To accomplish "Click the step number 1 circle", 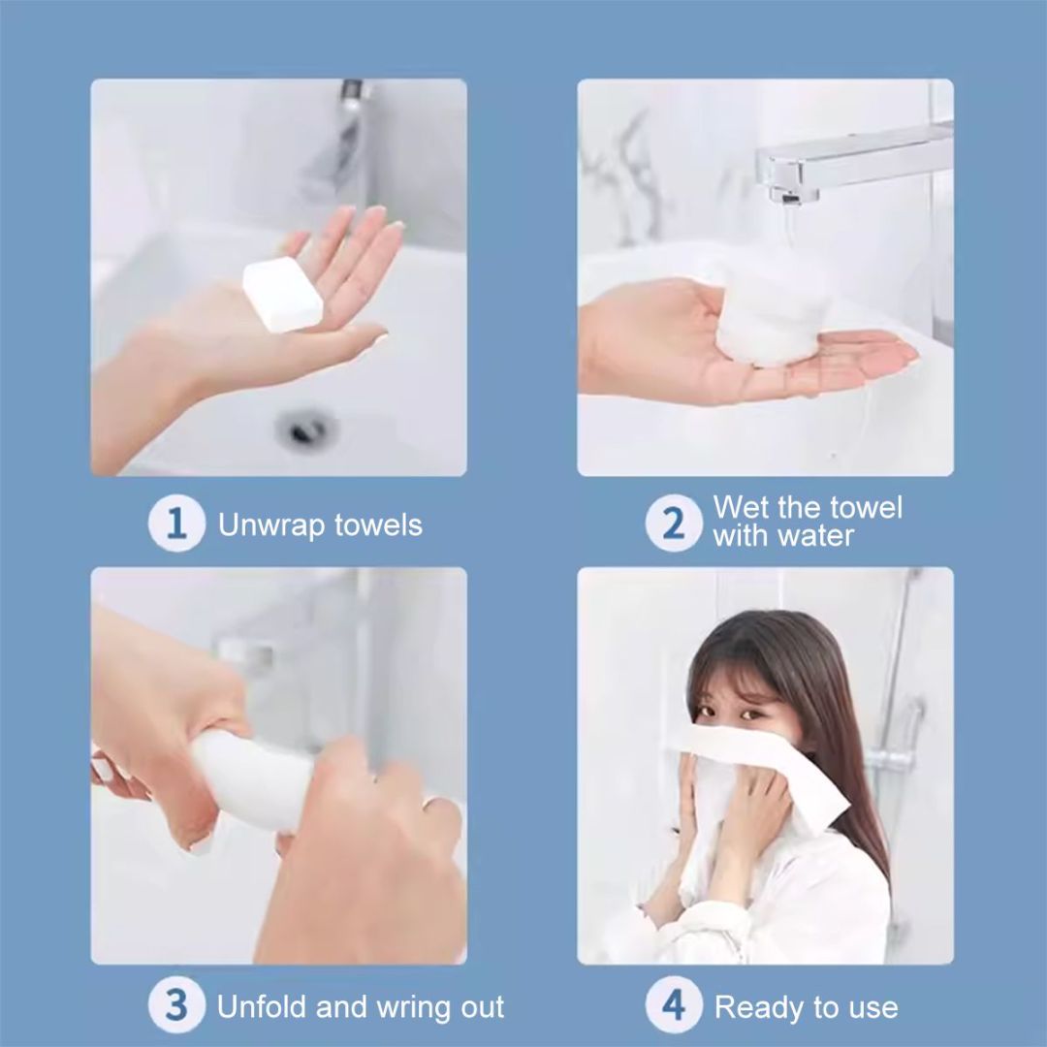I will click(x=175, y=523).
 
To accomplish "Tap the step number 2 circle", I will click(x=673, y=523).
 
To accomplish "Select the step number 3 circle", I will click(x=175, y=1005).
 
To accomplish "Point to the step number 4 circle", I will click(x=673, y=1005).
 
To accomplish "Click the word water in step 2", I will click(x=816, y=536).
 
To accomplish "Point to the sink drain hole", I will click(x=303, y=427).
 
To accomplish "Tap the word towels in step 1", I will click(x=378, y=526).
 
